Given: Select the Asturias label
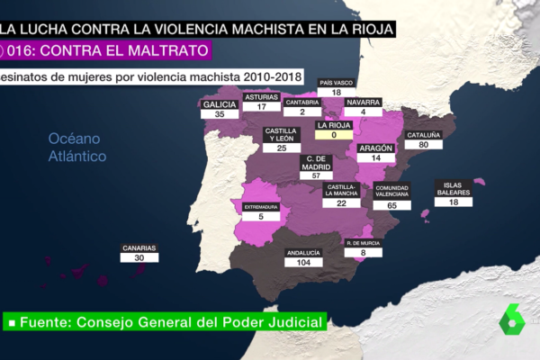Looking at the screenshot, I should pyautogui.click(x=261, y=95).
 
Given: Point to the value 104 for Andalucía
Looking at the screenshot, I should pyautogui.click(x=302, y=263).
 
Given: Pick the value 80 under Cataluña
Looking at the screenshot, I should pyautogui.click(x=424, y=146).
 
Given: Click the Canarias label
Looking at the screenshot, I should pyautogui.click(x=139, y=248).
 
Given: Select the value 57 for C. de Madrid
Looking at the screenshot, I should pyautogui.click(x=316, y=175).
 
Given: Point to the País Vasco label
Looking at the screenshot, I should pyautogui.click(x=336, y=83).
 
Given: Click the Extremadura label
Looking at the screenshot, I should pyautogui.click(x=260, y=206).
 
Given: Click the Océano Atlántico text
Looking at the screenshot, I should pyautogui.click(x=77, y=147).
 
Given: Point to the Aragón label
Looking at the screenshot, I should pyautogui.click(x=376, y=147).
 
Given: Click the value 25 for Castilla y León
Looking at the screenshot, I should pyautogui.click(x=282, y=148).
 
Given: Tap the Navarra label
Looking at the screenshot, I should pyautogui.click(x=364, y=102).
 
